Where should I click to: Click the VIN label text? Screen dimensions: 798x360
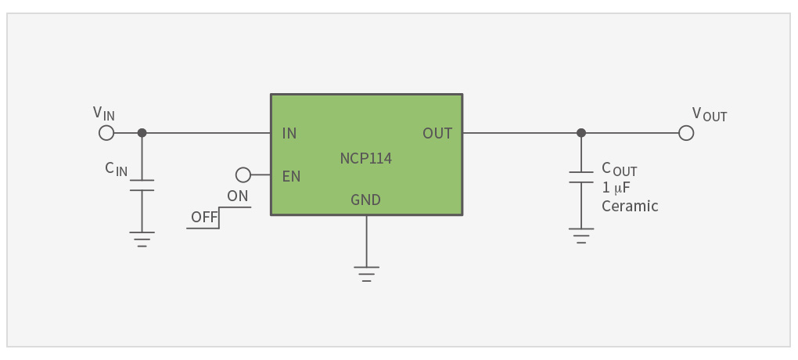pyautogui.click(x=104, y=113)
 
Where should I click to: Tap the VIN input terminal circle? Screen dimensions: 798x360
pyautogui.click(x=106, y=133)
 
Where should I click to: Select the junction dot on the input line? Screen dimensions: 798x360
pyautogui.click(x=142, y=133)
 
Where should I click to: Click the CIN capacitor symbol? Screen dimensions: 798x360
pyautogui.click(x=142, y=185)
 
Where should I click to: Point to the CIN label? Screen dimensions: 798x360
pyautogui.click(x=117, y=168)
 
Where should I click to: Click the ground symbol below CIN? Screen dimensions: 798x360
pyautogui.click(x=142, y=239)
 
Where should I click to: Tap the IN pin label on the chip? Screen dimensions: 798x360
pyautogui.click(x=289, y=133)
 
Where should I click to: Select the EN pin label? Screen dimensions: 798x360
pyautogui.click(x=291, y=176)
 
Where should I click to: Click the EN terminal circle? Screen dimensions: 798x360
pyautogui.click(x=243, y=175)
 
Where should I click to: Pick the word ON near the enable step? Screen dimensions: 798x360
pyautogui.click(x=238, y=196)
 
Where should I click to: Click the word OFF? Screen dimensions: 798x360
pyautogui.click(x=204, y=218)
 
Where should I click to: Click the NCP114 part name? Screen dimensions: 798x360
pyautogui.click(x=366, y=159)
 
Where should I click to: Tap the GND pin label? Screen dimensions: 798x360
pyautogui.click(x=365, y=200)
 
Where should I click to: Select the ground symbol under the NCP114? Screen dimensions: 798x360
pyautogui.click(x=366, y=274)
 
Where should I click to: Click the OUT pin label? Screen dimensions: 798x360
pyautogui.click(x=437, y=133)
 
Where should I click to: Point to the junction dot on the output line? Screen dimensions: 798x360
pyautogui.click(x=581, y=133)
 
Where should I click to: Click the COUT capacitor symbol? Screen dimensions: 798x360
pyautogui.click(x=581, y=177)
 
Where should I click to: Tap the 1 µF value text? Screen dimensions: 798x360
pyautogui.click(x=616, y=188)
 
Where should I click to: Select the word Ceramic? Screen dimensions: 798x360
pyautogui.click(x=630, y=207)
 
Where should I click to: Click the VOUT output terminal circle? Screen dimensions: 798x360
pyautogui.click(x=686, y=133)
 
